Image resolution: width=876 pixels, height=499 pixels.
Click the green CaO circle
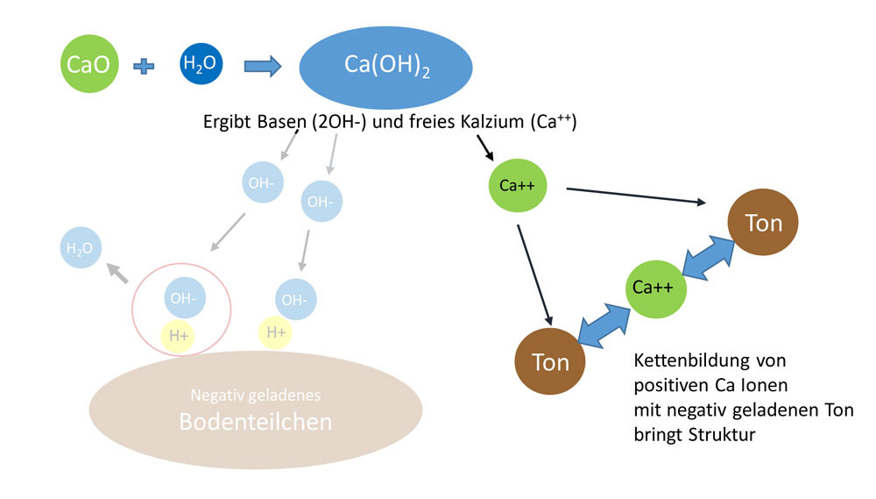pyautogui.click(x=91, y=65)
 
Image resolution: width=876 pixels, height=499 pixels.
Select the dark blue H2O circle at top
pyautogui.click(x=201, y=64)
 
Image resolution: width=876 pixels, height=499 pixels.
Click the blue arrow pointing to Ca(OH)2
pyautogui.click(x=262, y=65)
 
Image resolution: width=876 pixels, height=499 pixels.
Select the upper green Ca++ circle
pyautogui.click(x=517, y=186)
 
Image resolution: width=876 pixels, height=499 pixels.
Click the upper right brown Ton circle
pyautogui.click(x=763, y=224)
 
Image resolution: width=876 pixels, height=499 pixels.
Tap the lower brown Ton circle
pyautogui.click(x=551, y=362)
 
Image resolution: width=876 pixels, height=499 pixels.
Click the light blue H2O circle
pyautogui.click(x=81, y=247)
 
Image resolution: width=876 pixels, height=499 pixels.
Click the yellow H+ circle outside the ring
pyautogui.click(x=275, y=331)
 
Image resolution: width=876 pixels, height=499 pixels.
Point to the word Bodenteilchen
pyautogui.click(x=255, y=422)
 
